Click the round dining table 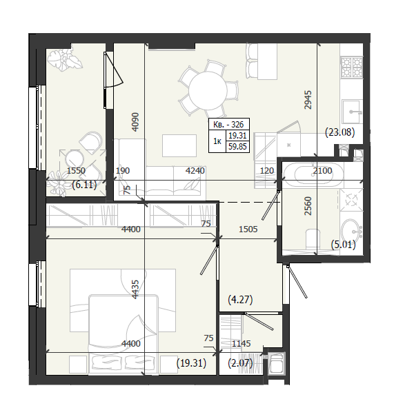coord(208,91)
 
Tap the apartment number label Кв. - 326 coord(228,125)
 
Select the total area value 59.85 coord(237,147)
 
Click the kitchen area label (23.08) coord(340,132)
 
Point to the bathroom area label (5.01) coord(343,245)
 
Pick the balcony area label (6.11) coord(84,185)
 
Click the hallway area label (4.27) coord(240,300)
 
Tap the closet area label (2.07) coord(240,363)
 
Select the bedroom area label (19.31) coord(191,363)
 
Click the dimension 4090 coord(135,122)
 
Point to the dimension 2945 coord(308,100)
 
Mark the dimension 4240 coord(195,170)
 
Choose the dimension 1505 coord(248,229)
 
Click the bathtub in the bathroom coord(313,175)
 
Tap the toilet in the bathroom coord(313,239)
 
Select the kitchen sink coord(352,111)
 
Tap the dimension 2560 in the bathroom coord(308,206)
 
